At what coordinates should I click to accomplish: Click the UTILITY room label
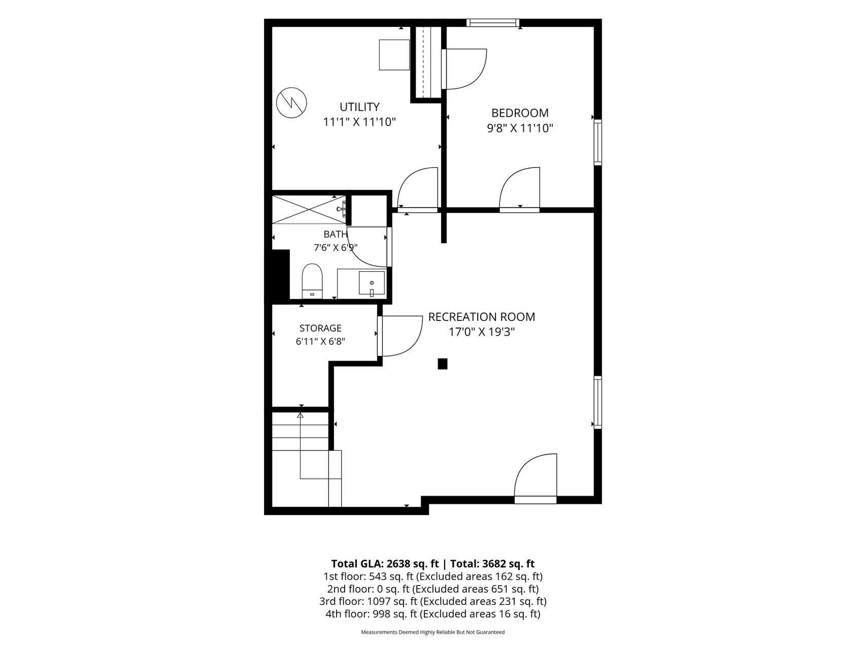pyautogui.click(x=359, y=107)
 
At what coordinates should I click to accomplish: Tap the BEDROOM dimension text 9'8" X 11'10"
pyautogui.click(x=520, y=128)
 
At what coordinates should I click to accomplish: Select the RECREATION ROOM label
pyautogui.click(x=482, y=317)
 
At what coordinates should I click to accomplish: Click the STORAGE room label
pyautogui.click(x=320, y=328)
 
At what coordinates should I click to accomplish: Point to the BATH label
pyautogui.click(x=336, y=234)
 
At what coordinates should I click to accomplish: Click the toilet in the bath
pyautogui.click(x=312, y=281)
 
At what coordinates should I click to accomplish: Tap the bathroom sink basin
pyautogui.click(x=372, y=283)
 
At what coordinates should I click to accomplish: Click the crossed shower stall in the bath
pyautogui.click(x=309, y=209)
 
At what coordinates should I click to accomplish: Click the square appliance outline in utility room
pyautogui.click(x=394, y=55)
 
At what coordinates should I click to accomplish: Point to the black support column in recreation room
pyautogui.click(x=443, y=364)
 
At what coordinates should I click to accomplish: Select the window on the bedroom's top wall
pyautogui.click(x=493, y=22)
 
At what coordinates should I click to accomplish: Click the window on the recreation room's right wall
pyautogui.click(x=598, y=402)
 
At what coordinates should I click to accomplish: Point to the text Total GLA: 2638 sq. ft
pyautogui.click(x=385, y=564)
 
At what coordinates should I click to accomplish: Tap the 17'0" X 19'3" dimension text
pyautogui.click(x=482, y=332)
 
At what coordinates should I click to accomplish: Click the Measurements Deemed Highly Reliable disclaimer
pyautogui.click(x=433, y=632)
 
